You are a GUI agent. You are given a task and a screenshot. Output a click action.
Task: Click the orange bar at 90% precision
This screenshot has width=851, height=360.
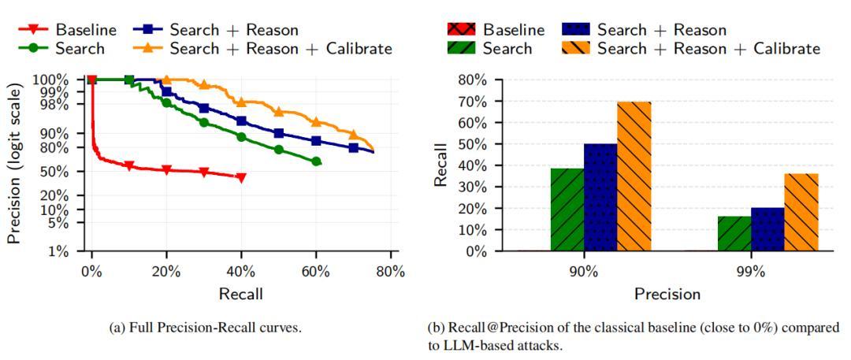(634, 176)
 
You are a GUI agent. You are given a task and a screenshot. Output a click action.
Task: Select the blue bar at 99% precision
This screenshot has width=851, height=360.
(767, 229)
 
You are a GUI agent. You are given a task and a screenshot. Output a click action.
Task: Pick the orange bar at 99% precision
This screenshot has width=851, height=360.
(801, 212)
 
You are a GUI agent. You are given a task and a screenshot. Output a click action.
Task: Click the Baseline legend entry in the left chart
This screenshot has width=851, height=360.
(79, 30)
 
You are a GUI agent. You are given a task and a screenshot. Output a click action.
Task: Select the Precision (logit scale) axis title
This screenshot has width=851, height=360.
(14, 165)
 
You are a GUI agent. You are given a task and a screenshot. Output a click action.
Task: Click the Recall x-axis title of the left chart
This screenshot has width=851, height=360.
(241, 294)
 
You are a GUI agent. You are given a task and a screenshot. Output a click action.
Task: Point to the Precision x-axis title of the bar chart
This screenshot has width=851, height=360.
(667, 294)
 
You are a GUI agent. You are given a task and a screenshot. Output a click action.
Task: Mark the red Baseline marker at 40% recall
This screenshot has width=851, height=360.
(241, 177)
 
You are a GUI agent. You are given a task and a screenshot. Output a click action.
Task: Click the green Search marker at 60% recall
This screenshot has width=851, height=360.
(316, 161)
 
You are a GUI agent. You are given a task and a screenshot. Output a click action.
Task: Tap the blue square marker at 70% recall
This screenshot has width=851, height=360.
(353, 148)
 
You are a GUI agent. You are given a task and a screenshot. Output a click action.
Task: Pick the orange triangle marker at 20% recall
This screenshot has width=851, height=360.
(166, 80)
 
